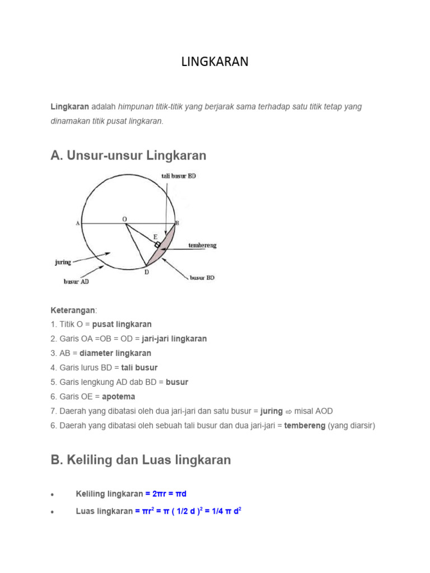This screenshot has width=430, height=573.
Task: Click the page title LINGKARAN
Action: [x=214, y=62]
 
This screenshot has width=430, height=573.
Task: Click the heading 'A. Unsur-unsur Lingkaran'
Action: [x=128, y=156]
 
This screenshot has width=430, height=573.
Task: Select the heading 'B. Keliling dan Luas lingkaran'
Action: [x=141, y=460]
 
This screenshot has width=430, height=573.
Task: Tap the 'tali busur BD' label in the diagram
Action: [x=179, y=176]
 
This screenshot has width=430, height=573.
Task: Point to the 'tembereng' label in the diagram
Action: [x=203, y=245]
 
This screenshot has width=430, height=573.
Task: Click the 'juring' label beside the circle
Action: [x=62, y=261]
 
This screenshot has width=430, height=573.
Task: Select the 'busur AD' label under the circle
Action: [x=76, y=282]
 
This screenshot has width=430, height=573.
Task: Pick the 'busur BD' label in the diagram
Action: [x=202, y=278]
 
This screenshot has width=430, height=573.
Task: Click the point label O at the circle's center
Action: [x=125, y=219]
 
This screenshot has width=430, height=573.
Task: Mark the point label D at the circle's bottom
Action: [x=147, y=272]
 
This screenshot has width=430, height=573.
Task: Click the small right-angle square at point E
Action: [x=158, y=245]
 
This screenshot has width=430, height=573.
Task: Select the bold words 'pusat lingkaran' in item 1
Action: [x=122, y=324]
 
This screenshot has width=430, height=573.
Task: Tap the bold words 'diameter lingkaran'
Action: [x=115, y=353]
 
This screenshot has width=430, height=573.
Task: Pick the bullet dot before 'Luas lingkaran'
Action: [x=52, y=512]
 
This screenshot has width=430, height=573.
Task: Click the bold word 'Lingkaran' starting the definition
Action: [x=70, y=106]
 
